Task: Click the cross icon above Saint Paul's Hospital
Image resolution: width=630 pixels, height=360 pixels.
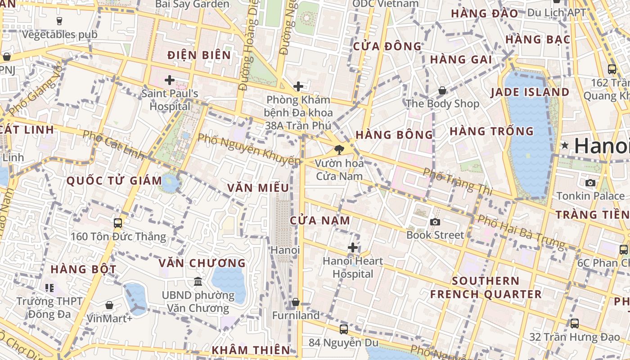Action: pyautogui.click(x=170, y=81)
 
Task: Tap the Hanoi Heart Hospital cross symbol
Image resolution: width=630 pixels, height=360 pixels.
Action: pyautogui.click(x=353, y=247)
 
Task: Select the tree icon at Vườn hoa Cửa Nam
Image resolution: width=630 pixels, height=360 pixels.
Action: pyautogui.click(x=339, y=150)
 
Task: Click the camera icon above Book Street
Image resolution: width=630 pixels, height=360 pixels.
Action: pyautogui.click(x=435, y=222)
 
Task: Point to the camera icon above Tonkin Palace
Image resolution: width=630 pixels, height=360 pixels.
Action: pyautogui.click(x=590, y=183)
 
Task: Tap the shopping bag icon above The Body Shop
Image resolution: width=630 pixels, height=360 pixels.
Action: pyautogui.click(x=442, y=90)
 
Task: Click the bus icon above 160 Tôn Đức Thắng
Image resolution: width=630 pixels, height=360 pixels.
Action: pyautogui.click(x=118, y=223)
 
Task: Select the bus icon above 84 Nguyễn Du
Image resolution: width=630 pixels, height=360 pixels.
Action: pyautogui.click(x=344, y=329)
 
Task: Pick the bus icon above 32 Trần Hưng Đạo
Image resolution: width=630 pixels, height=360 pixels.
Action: pyautogui.click(x=574, y=323)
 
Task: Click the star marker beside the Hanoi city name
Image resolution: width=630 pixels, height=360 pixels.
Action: pyautogui.click(x=565, y=145)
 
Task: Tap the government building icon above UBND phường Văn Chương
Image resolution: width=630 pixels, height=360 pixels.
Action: pyautogui.click(x=198, y=282)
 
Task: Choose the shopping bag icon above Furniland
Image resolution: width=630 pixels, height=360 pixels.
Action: pyautogui.click(x=296, y=302)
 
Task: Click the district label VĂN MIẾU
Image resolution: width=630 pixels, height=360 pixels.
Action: pyautogui.click(x=258, y=188)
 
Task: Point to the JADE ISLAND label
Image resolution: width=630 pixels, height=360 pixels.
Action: pyautogui.click(x=530, y=92)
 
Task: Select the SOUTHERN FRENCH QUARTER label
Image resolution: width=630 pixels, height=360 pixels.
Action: pyautogui.click(x=486, y=288)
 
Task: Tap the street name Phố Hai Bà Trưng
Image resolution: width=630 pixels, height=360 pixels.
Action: pyautogui.click(x=521, y=232)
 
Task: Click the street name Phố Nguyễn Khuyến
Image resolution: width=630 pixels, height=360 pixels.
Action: pyautogui.click(x=249, y=149)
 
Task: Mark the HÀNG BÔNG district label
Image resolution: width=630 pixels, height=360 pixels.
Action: pyautogui.click(x=394, y=135)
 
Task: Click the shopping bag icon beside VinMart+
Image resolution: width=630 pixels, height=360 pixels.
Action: pyautogui.click(x=109, y=305)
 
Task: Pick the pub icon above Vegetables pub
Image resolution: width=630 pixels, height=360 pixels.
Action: pyautogui.click(x=59, y=21)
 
